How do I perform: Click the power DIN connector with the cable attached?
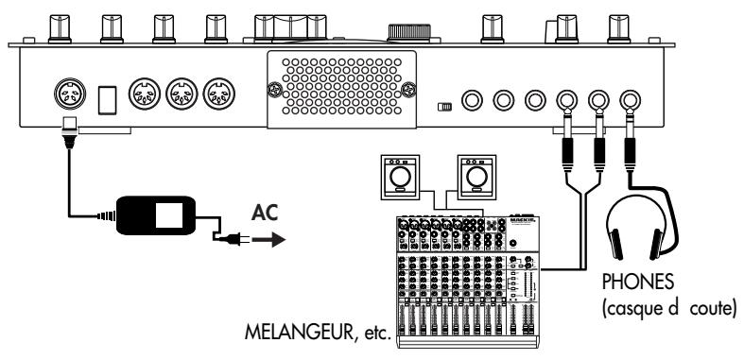70,94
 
